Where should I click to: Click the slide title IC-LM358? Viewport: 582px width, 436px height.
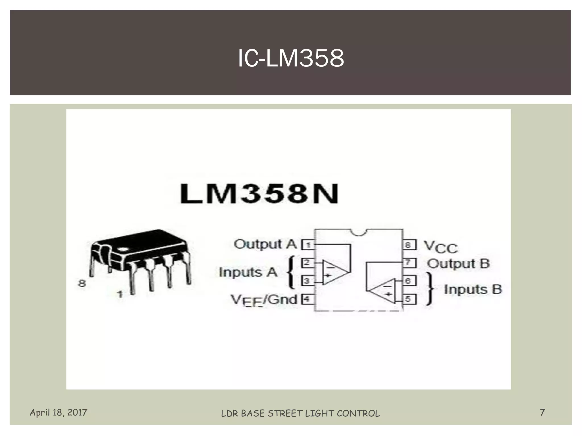pyautogui.click(x=291, y=58)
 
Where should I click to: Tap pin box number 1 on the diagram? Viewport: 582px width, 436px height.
pyautogui.click(x=307, y=245)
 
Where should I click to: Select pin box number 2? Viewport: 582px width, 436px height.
pyautogui.click(x=307, y=263)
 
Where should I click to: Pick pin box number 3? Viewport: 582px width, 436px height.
pyautogui.click(x=307, y=281)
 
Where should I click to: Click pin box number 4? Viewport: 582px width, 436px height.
pyautogui.click(x=307, y=299)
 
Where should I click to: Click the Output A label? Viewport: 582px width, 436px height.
pyautogui.click(x=265, y=244)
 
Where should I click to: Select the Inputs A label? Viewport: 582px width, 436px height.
pyautogui.click(x=248, y=272)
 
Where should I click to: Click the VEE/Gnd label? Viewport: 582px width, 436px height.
pyautogui.click(x=263, y=300)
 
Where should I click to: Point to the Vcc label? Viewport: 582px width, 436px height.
pyautogui.click(x=440, y=247)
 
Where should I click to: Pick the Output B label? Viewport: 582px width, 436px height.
pyautogui.click(x=458, y=264)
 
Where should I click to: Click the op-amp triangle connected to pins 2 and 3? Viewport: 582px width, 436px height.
pyautogui.click(x=334, y=272)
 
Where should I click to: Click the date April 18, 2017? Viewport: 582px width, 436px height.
pyautogui.click(x=59, y=412)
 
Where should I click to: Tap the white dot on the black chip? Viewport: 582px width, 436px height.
pyautogui.click(x=124, y=250)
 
